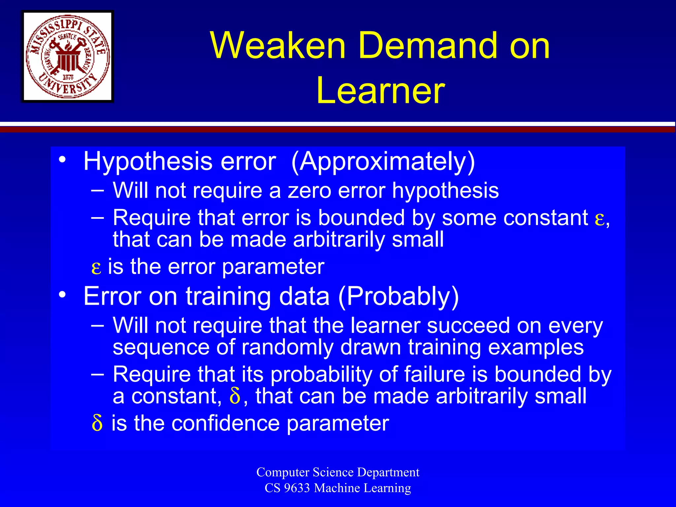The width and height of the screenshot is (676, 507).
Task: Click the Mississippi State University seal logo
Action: [68, 56]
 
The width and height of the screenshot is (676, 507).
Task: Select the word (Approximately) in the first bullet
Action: [383, 162]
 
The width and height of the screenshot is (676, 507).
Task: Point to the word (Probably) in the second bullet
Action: [398, 296]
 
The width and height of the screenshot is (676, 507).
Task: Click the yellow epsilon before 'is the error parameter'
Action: [96, 267]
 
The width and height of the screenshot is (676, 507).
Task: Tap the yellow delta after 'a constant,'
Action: [235, 396]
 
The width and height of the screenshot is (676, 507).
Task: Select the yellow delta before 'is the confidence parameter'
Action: [97, 423]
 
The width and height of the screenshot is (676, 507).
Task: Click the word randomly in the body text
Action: [287, 347]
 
